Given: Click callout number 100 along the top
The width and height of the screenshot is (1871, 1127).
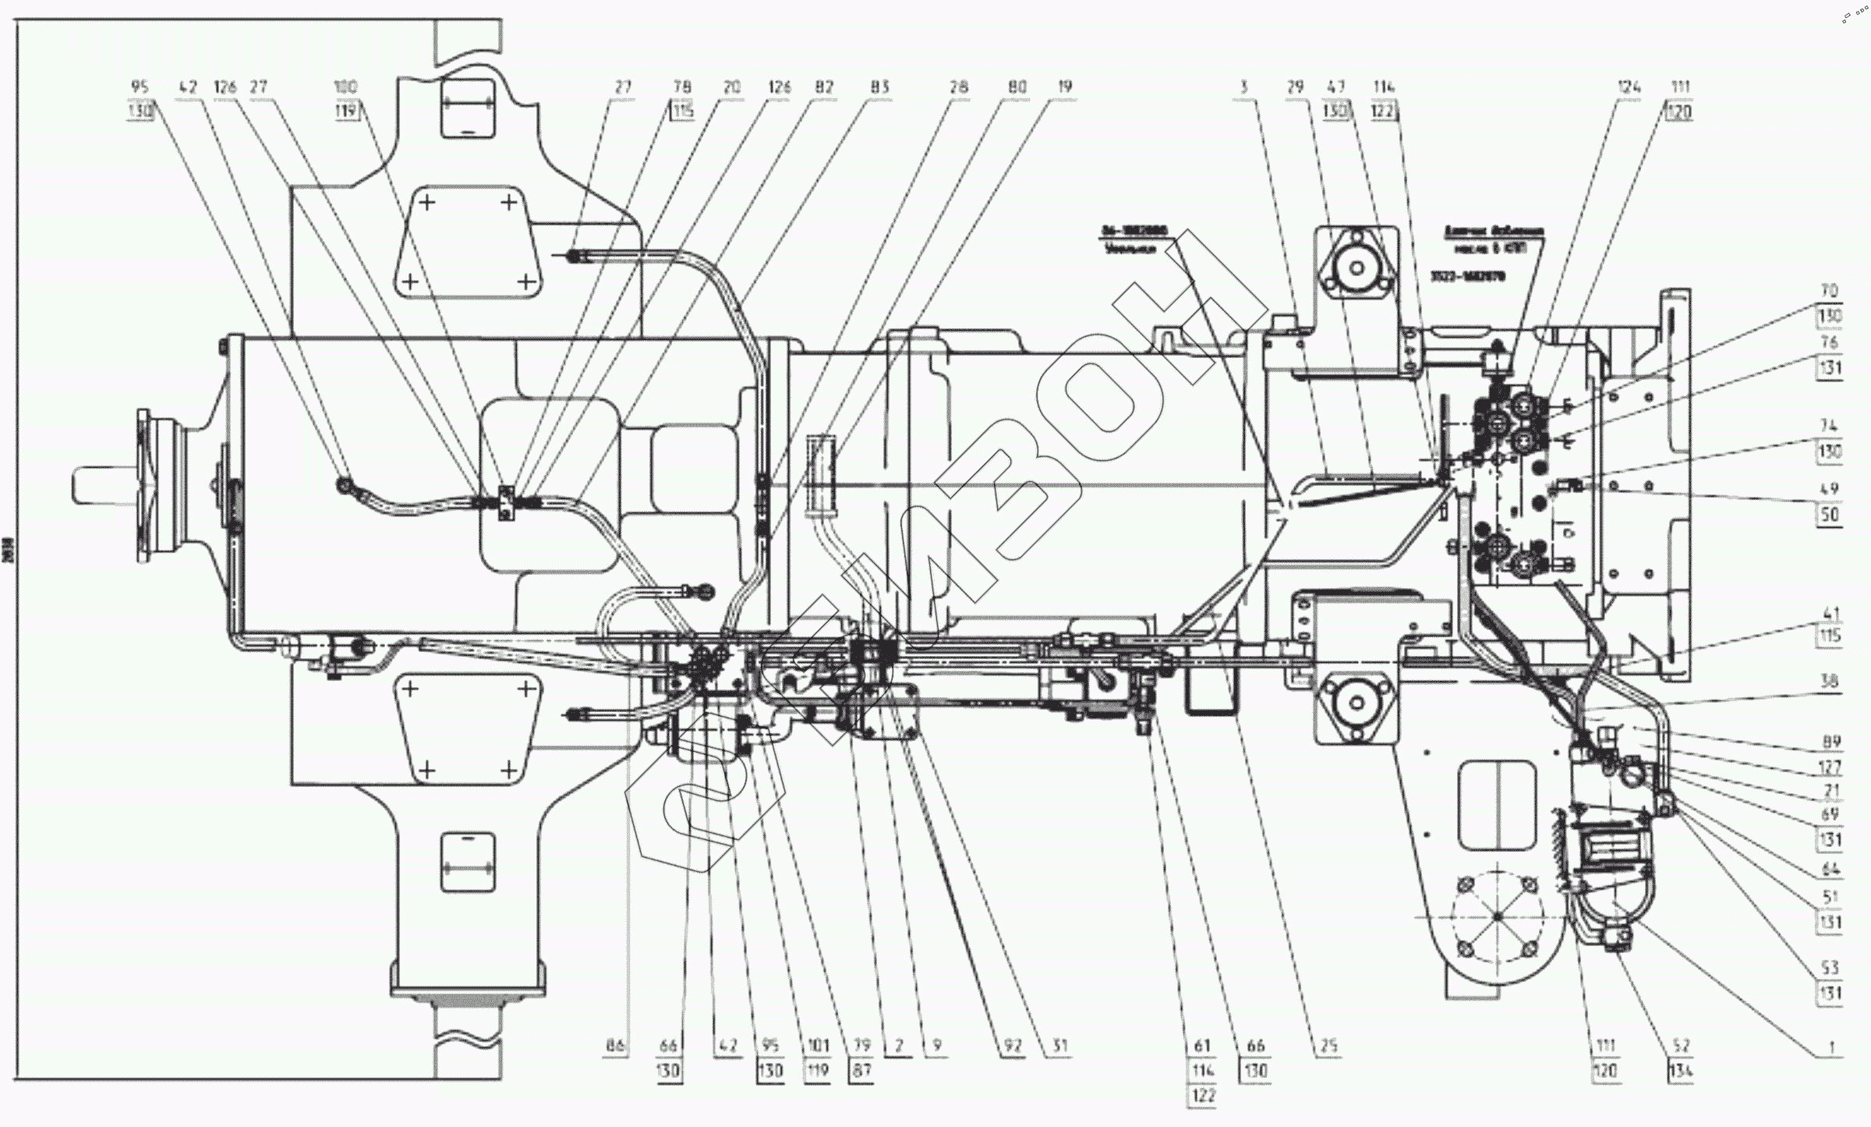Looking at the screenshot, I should (345, 87).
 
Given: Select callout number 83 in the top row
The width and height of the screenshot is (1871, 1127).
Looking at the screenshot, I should (879, 87).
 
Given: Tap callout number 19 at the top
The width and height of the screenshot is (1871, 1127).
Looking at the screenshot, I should (1065, 87).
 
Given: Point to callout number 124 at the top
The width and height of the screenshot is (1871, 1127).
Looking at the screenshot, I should (1629, 87).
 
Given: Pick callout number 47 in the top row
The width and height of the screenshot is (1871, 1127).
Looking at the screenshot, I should (1336, 87).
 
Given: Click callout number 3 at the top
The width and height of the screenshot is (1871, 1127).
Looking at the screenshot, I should (1244, 87).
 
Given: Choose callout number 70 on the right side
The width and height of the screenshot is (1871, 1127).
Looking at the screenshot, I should (1830, 291).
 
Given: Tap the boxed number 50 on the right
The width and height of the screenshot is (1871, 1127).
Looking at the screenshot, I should (1830, 515).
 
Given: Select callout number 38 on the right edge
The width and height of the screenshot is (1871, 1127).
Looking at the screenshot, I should (1830, 681).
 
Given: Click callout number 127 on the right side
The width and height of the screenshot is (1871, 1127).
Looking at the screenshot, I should (1830, 766).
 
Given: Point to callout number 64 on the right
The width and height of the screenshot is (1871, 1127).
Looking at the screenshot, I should (1830, 869).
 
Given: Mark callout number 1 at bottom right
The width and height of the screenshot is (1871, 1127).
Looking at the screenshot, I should (1832, 1046).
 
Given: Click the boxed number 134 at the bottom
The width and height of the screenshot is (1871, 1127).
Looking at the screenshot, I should (1681, 1071).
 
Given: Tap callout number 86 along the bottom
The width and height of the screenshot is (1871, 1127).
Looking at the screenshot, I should (616, 1046).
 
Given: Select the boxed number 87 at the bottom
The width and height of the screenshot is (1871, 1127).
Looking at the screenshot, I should (861, 1071).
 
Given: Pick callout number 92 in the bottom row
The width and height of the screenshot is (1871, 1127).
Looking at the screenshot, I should (1013, 1046).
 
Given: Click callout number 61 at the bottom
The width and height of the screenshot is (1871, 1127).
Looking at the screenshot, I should (1203, 1046).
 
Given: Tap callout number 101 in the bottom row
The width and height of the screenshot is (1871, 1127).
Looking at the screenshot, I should (817, 1046).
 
